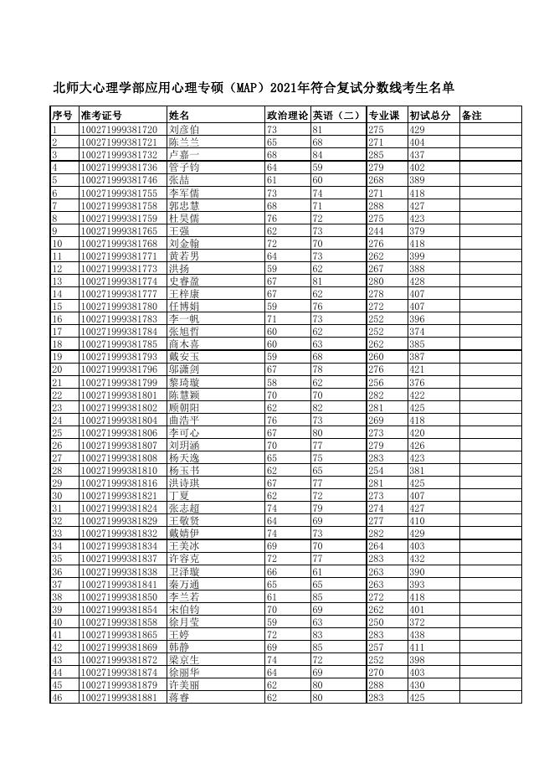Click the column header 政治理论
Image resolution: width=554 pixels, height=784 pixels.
(287, 115)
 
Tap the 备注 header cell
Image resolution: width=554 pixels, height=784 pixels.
(471, 115)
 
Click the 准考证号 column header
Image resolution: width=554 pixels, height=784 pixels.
(101, 115)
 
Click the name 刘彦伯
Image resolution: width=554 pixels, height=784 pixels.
(183, 130)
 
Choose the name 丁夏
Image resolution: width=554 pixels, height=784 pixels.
(179, 496)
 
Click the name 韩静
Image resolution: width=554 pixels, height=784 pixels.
(179, 647)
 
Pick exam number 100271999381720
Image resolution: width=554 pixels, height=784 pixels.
(119, 130)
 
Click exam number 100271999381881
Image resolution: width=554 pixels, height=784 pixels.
(119, 698)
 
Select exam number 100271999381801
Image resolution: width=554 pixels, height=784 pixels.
(119, 395)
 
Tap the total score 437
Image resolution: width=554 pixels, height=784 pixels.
(418, 155)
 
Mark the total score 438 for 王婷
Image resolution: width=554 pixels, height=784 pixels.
(418, 634)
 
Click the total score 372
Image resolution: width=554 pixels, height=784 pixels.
(418, 622)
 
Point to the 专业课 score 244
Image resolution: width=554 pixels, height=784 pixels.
(376, 230)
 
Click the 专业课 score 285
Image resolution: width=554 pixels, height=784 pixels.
(376, 155)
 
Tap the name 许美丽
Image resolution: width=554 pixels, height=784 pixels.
(183, 685)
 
